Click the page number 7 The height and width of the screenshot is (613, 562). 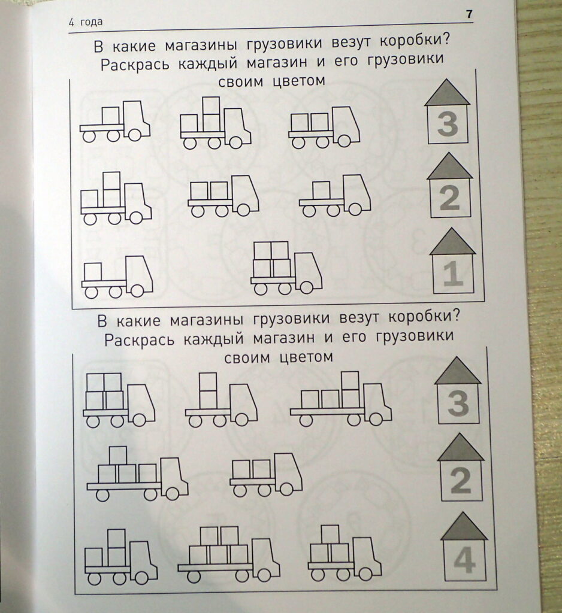click(x=469, y=14)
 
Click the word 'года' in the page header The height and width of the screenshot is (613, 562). click(x=92, y=22)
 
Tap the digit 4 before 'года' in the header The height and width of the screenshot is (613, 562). click(x=71, y=22)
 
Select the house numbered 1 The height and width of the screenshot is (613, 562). click(x=453, y=261)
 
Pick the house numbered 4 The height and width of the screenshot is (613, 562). click(x=464, y=547)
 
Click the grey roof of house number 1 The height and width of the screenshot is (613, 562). click(x=452, y=242)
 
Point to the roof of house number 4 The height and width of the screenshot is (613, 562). click(x=464, y=527)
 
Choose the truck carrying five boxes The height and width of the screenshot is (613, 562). click(x=229, y=554)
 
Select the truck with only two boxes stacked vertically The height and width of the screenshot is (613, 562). click(x=222, y=399)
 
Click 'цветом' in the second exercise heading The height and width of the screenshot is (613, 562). click(x=306, y=357)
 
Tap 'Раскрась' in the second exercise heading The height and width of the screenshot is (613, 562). click(x=139, y=339)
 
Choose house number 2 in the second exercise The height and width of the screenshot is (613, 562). click(x=461, y=468)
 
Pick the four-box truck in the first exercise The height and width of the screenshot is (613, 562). click(x=286, y=268)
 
